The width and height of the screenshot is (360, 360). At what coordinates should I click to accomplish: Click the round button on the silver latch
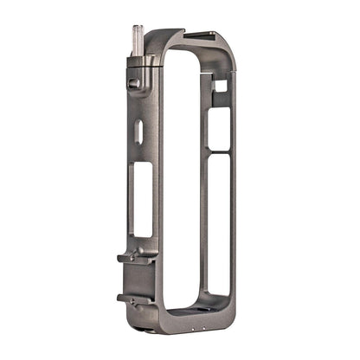(133, 84)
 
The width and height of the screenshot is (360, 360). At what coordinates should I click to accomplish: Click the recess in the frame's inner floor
(195, 312)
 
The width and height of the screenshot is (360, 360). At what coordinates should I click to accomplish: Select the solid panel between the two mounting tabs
(143, 279)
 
